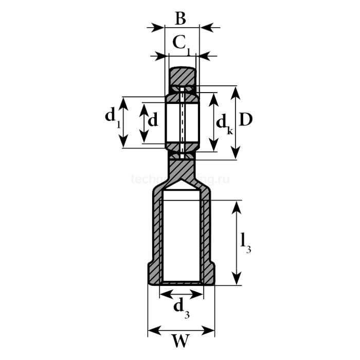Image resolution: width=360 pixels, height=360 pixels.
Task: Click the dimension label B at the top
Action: tap(179, 19)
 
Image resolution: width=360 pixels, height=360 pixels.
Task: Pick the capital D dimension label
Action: tap(246, 119)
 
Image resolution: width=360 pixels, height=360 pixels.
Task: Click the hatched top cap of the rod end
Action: tap(183, 76)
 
